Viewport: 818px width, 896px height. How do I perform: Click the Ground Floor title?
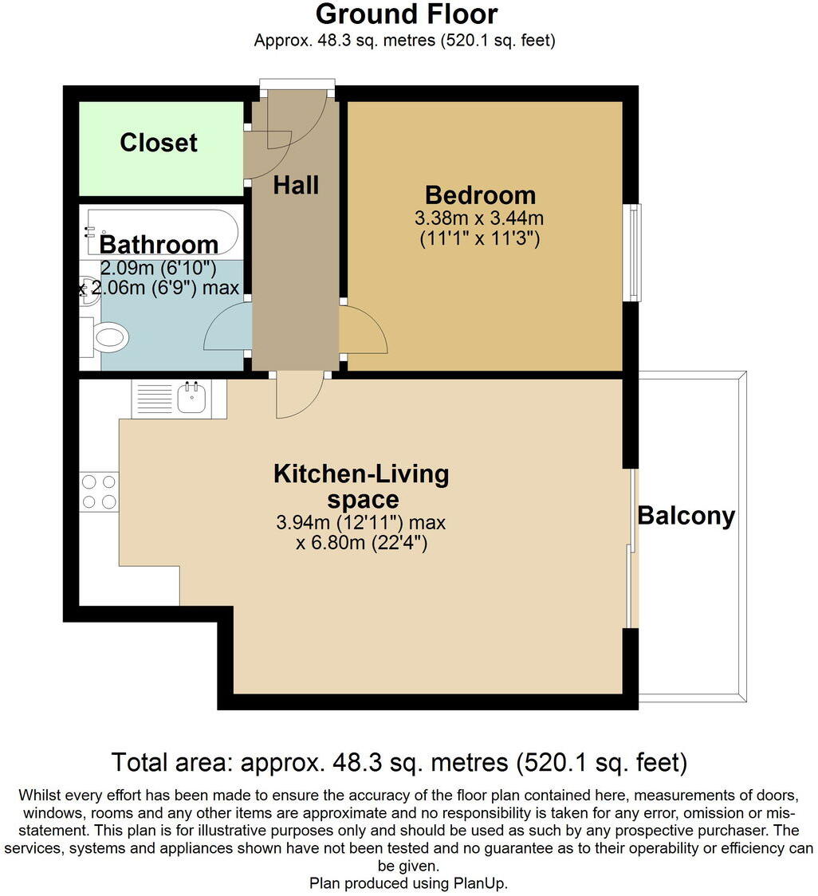[407, 14]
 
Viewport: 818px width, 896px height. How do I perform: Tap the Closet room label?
[159, 143]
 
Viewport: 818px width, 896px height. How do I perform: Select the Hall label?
[296, 185]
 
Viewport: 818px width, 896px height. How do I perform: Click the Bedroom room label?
[480, 195]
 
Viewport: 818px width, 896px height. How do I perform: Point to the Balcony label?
[686, 516]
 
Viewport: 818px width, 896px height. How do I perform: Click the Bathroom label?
[159, 243]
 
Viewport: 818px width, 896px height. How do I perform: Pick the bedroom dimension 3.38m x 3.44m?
[480, 217]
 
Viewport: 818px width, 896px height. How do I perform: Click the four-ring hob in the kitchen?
[99, 491]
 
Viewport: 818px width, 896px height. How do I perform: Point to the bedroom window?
[633, 252]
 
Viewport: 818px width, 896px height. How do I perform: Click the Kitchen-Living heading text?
[361, 474]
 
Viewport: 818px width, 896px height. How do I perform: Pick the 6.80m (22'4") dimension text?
[364, 544]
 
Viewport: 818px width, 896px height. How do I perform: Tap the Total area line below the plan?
[399, 762]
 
